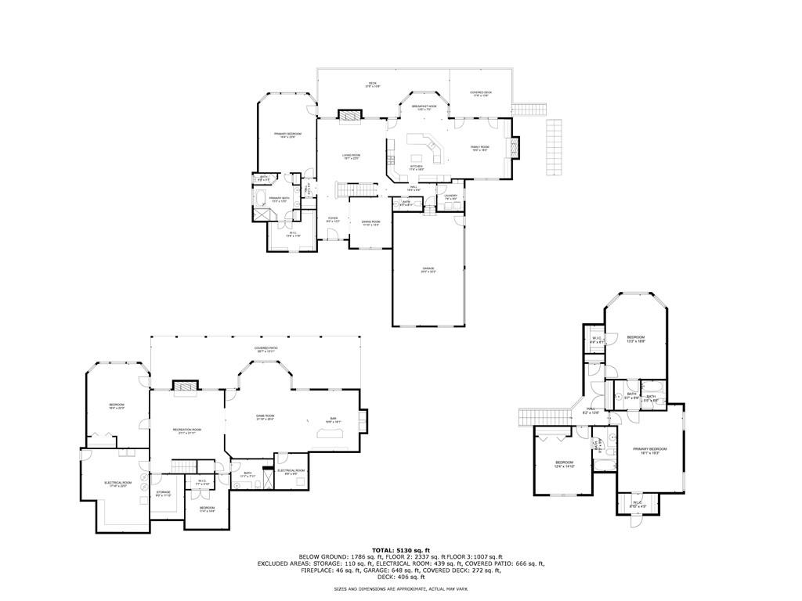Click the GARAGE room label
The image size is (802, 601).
point(428,270)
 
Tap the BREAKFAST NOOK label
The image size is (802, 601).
point(424,107)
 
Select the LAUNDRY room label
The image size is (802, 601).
point(450,197)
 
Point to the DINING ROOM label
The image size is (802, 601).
point(370,223)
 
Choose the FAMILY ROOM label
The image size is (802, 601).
point(479,148)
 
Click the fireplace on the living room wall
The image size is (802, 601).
point(350,116)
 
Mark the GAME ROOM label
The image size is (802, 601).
point(265,417)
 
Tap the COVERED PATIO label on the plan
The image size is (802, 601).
point(266,349)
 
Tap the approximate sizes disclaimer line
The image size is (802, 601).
point(400,588)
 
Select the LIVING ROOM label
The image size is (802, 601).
point(351,157)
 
